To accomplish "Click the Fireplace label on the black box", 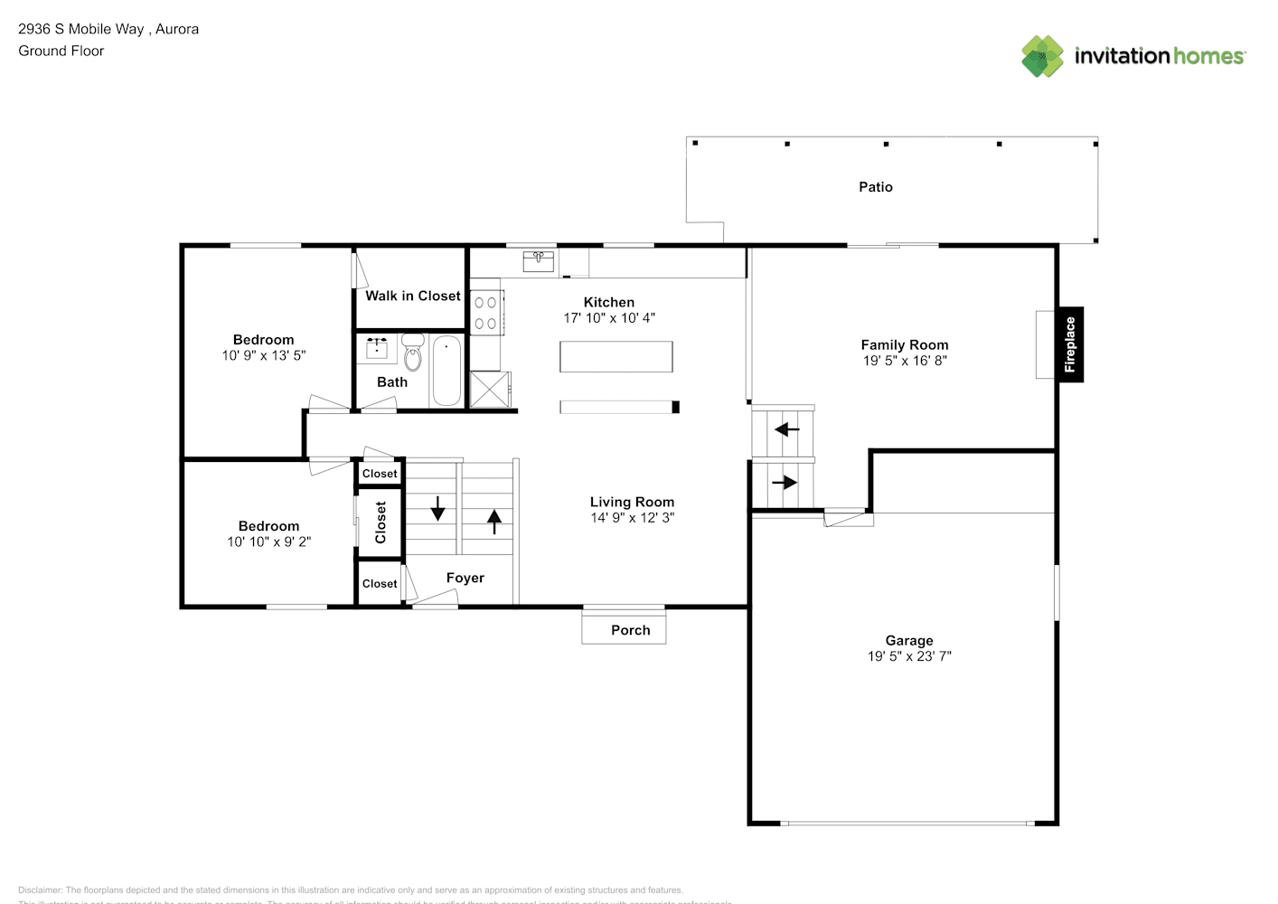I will (x=1070, y=344).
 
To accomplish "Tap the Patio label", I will (x=875, y=187).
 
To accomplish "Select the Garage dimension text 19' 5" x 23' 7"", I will (x=909, y=656).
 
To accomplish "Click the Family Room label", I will (x=904, y=344).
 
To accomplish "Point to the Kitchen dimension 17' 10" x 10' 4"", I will (x=609, y=318).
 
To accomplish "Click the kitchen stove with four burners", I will (x=486, y=313).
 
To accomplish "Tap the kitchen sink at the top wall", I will (x=538, y=261).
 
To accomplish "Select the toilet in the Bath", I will (x=413, y=355).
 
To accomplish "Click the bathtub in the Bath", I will (x=446, y=371).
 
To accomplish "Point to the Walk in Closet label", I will (x=413, y=296).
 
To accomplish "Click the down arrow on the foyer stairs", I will (x=438, y=509).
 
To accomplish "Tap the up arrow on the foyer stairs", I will (x=494, y=522).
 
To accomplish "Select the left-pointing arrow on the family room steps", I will (x=786, y=429).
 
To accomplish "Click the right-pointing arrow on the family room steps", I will (x=785, y=483).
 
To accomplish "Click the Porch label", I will (x=630, y=630).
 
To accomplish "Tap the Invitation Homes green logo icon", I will (x=1042, y=56).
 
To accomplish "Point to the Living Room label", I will (x=632, y=502).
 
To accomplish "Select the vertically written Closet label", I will (x=381, y=523).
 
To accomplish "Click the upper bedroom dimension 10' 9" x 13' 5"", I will (x=264, y=356).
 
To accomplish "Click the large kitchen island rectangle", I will (x=616, y=356).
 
